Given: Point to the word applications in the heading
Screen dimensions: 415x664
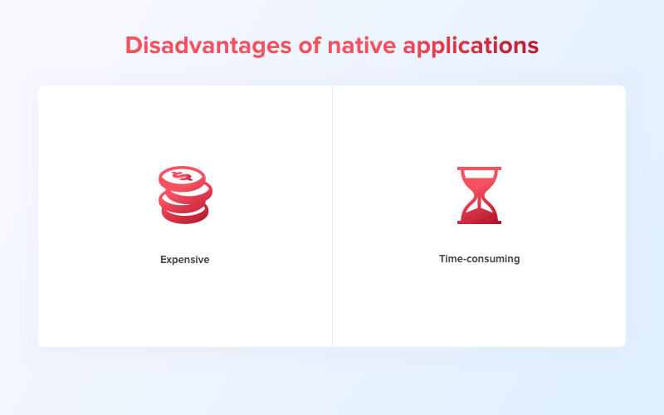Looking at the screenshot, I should tap(471, 46).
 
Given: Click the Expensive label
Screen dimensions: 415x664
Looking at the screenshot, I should tap(185, 260).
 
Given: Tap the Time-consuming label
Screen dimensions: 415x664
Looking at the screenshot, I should tap(479, 259).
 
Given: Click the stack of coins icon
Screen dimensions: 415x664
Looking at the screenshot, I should tap(185, 195).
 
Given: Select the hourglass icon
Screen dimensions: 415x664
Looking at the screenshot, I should tap(480, 195).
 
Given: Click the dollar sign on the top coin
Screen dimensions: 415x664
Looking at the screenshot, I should tap(183, 177).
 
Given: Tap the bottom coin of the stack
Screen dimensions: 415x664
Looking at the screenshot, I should tap(184, 216).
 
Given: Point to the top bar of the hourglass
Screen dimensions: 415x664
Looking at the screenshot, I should tap(480, 168).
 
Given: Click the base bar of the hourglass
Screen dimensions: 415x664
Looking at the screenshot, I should tap(480, 222).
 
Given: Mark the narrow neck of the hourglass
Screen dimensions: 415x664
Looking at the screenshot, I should tap(480, 195).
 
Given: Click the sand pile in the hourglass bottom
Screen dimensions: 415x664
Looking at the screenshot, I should tap(480, 213).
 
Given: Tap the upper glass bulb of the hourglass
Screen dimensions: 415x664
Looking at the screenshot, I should tap(480, 180).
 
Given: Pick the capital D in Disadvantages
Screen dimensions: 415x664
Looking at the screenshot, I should tap(134, 45).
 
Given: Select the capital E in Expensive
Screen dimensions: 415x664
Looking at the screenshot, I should tap(164, 260).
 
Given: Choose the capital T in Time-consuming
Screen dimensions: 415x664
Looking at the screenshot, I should tap(442, 259).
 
